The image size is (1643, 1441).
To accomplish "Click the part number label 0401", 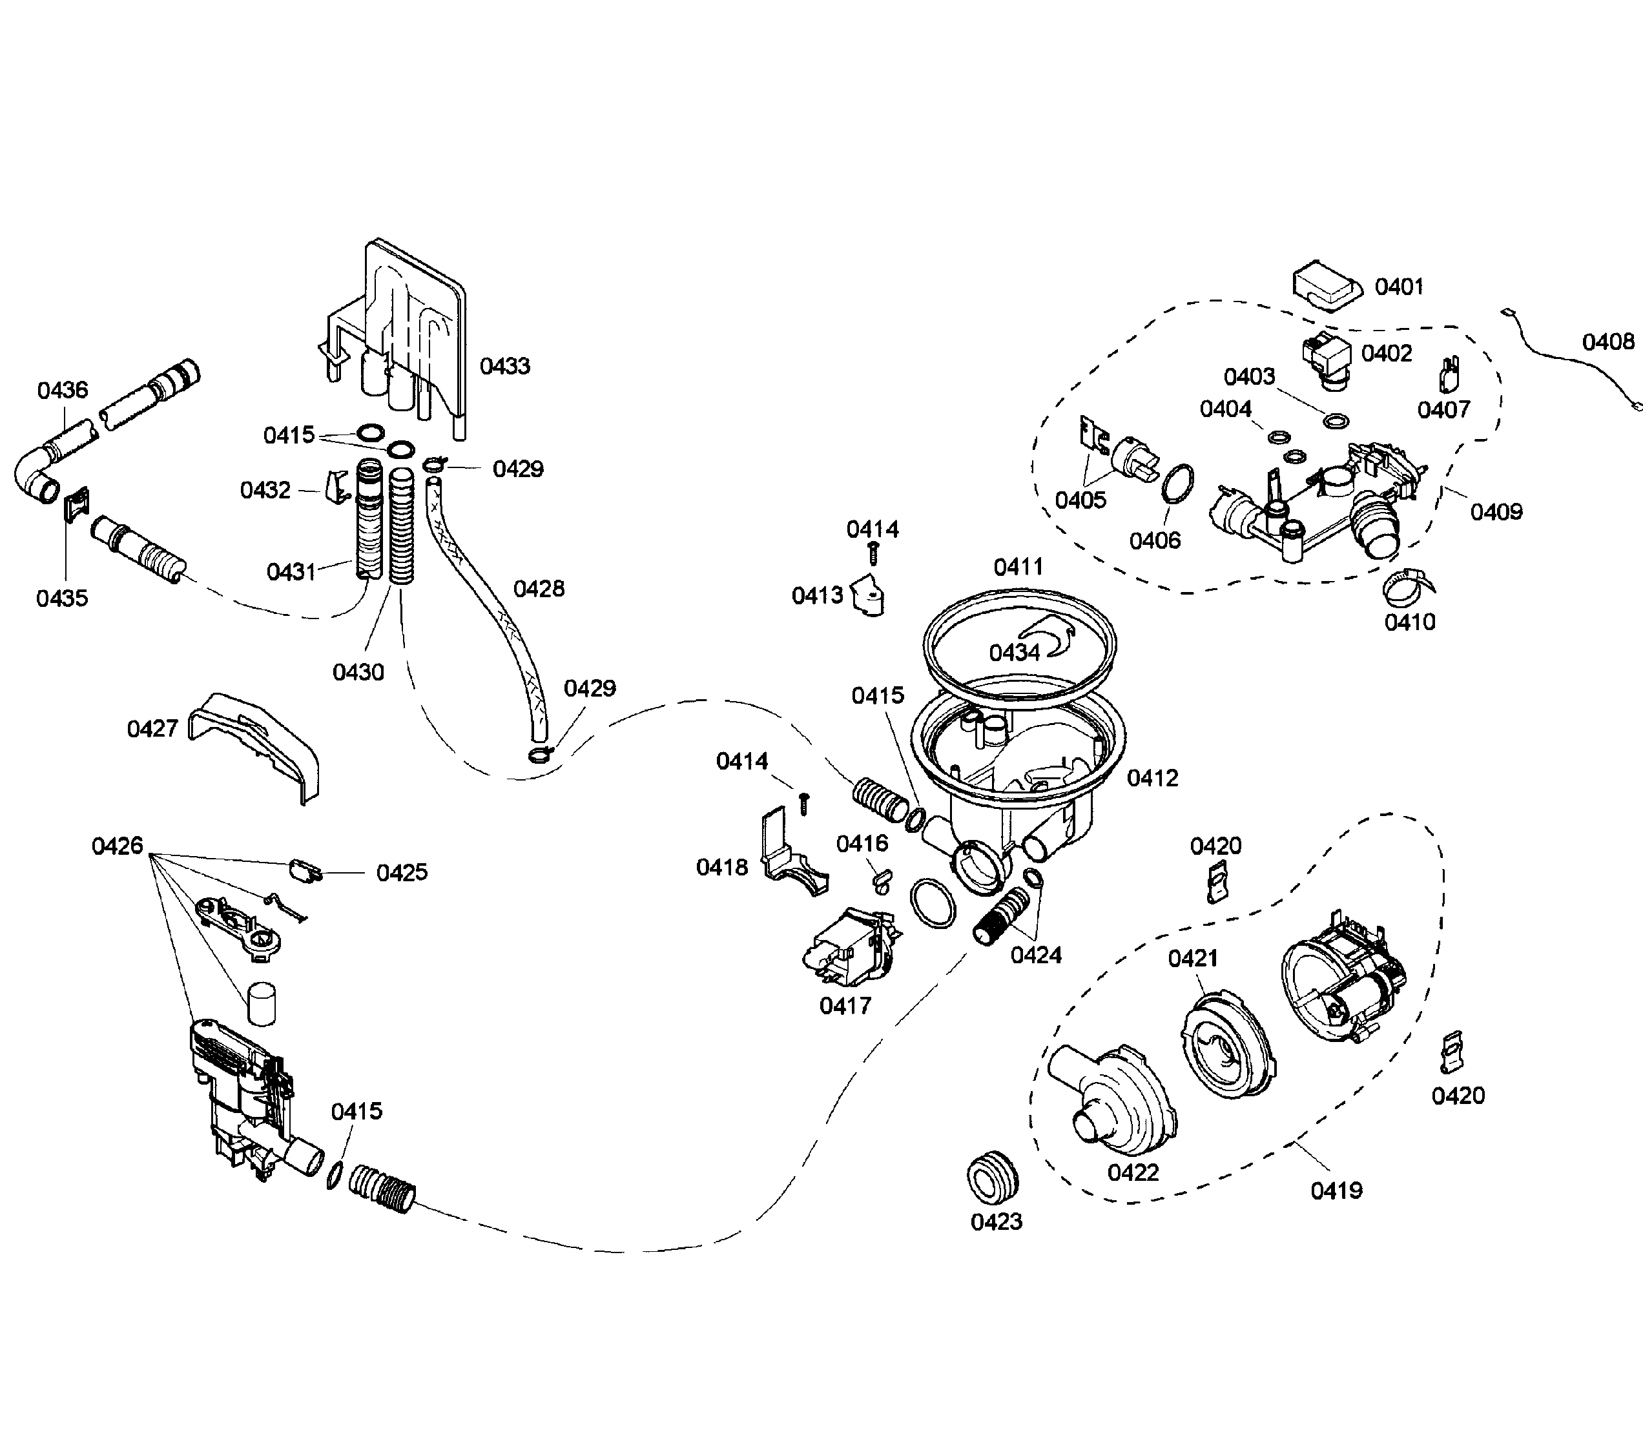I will [x=1399, y=287].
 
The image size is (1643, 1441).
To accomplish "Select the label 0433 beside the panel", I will [x=505, y=367].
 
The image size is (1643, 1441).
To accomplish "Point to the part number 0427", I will [x=152, y=729].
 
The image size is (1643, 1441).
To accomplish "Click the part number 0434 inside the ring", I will [x=1015, y=652].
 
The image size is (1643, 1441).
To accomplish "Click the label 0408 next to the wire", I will [x=1607, y=342].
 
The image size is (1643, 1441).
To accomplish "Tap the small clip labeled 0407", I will [x=1449, y=374].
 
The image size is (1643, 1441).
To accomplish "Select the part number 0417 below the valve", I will [x=845, y=1005].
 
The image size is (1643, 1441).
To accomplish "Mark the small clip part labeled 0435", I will [x=77, y=505].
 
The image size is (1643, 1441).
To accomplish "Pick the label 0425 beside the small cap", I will [x=402, y=873].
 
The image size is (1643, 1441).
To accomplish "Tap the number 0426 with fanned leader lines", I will [x=118, y=846].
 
